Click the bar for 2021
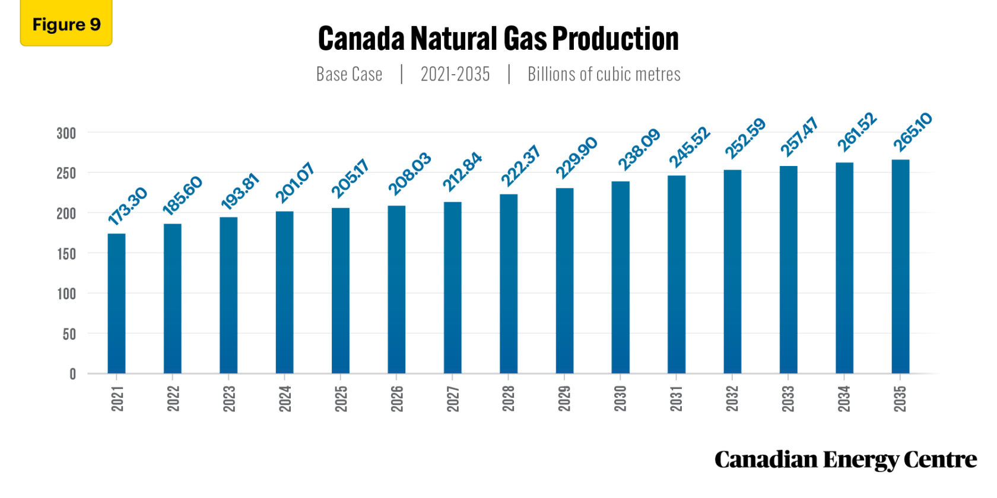[x=116, y=304]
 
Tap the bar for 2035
[x=900, y=266]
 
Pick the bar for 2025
[x=341, y=290]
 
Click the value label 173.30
[x=127, y=206]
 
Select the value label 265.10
[x=913, y=132]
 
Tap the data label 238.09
[x=639, y=149]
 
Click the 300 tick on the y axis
[x=66, y=133]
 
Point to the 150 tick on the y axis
[x=66, y=254]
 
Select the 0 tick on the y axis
[x=72, y=374]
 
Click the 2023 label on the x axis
[x=229, y=398]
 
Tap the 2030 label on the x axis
[x=620, y=398]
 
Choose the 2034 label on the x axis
[x=844, y=398]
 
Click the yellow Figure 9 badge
[x=66, y=24]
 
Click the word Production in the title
[x=615, y=39]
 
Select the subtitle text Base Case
[x=349, y=74]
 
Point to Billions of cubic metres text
[x=604, y=74]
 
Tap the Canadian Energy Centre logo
[x=845, y=459]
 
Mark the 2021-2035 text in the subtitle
[x=455, y=74]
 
